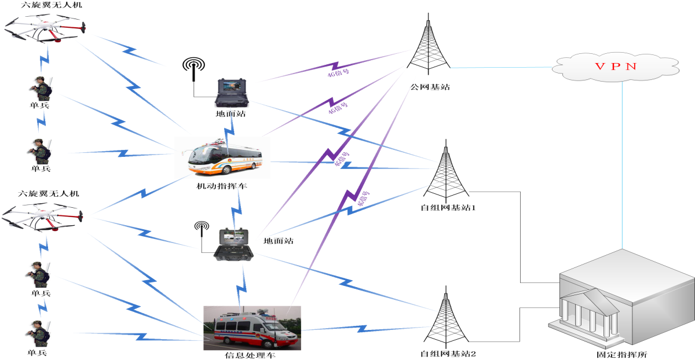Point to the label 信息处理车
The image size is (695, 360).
250,355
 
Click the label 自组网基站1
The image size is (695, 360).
448,207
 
